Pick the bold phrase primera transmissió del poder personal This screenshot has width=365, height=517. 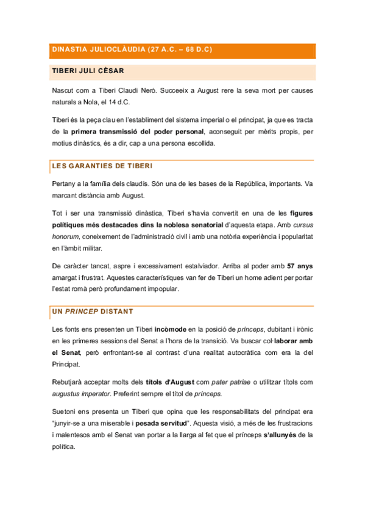[138, 131]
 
